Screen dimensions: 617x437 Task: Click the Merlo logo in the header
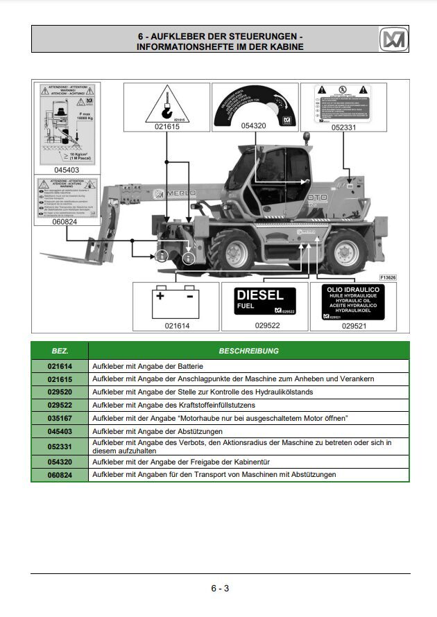coord(393,40)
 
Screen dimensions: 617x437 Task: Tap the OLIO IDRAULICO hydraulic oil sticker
coord(354,301)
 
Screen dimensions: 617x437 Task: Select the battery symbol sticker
coord(175,302)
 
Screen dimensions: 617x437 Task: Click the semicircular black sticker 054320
coord(255,105)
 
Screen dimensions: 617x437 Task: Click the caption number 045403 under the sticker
coord(66,169)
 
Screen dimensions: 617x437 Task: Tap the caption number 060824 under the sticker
coord(66,223)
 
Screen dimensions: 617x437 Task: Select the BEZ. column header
coord(60,351)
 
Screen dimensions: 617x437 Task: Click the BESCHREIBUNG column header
coord(248,351)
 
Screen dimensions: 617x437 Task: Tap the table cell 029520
coord(60,392)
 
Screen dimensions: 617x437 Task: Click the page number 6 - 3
coord(220,589)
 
